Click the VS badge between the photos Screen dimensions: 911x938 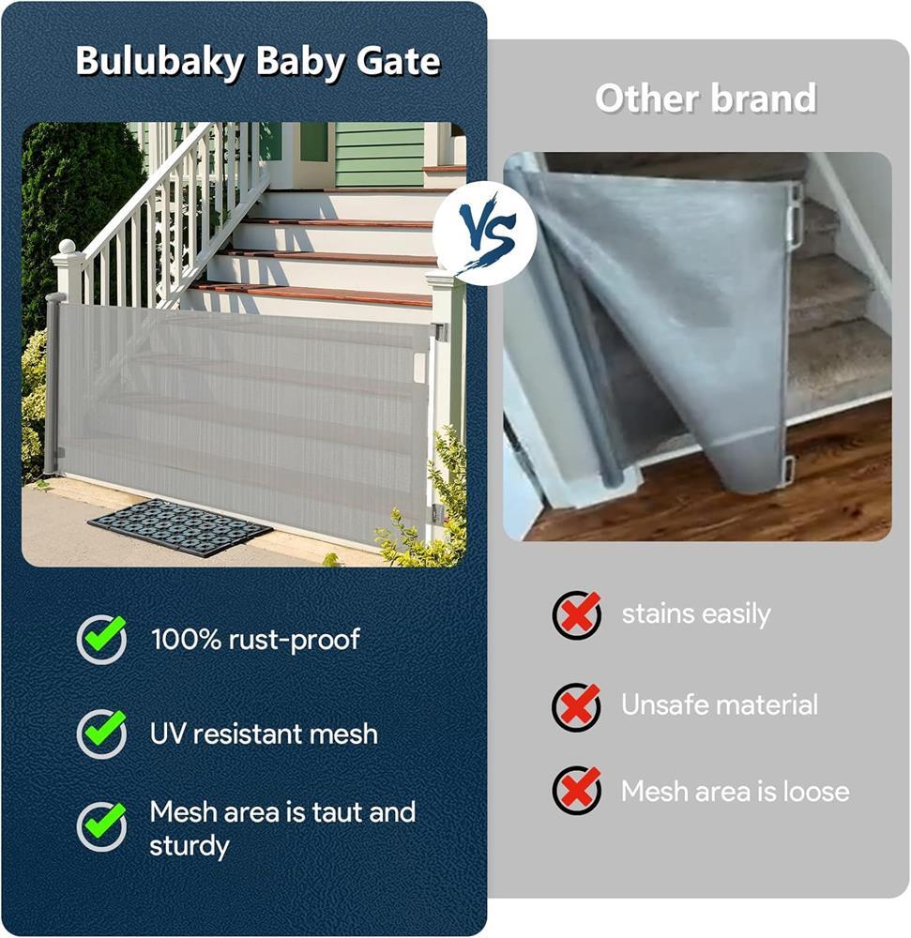click(x=484, y=234)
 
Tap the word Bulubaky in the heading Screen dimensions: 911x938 click(x=160, y=62)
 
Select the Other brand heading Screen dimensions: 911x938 click(x=706, y=98)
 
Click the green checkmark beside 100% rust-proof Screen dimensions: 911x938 click(x=102, y=638)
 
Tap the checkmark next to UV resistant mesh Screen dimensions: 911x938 click(x=102, y=733)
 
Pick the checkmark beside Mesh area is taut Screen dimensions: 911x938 click(x=102, y=826)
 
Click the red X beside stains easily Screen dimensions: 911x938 click(x=577, y=614)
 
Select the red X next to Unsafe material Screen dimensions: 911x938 click(x=577, y=706)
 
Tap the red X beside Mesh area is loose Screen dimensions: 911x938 click(x=577, y=790)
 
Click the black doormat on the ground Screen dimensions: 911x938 click(x=180, y=527)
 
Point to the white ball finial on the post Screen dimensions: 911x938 click(x=68, y=246)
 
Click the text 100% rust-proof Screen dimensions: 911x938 click(x=255, y=640)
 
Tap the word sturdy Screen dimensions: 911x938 click(x=189, y=846)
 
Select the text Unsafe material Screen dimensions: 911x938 click(x=719, y=704)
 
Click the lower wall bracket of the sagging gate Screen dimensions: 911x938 click(x=790, y=469)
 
